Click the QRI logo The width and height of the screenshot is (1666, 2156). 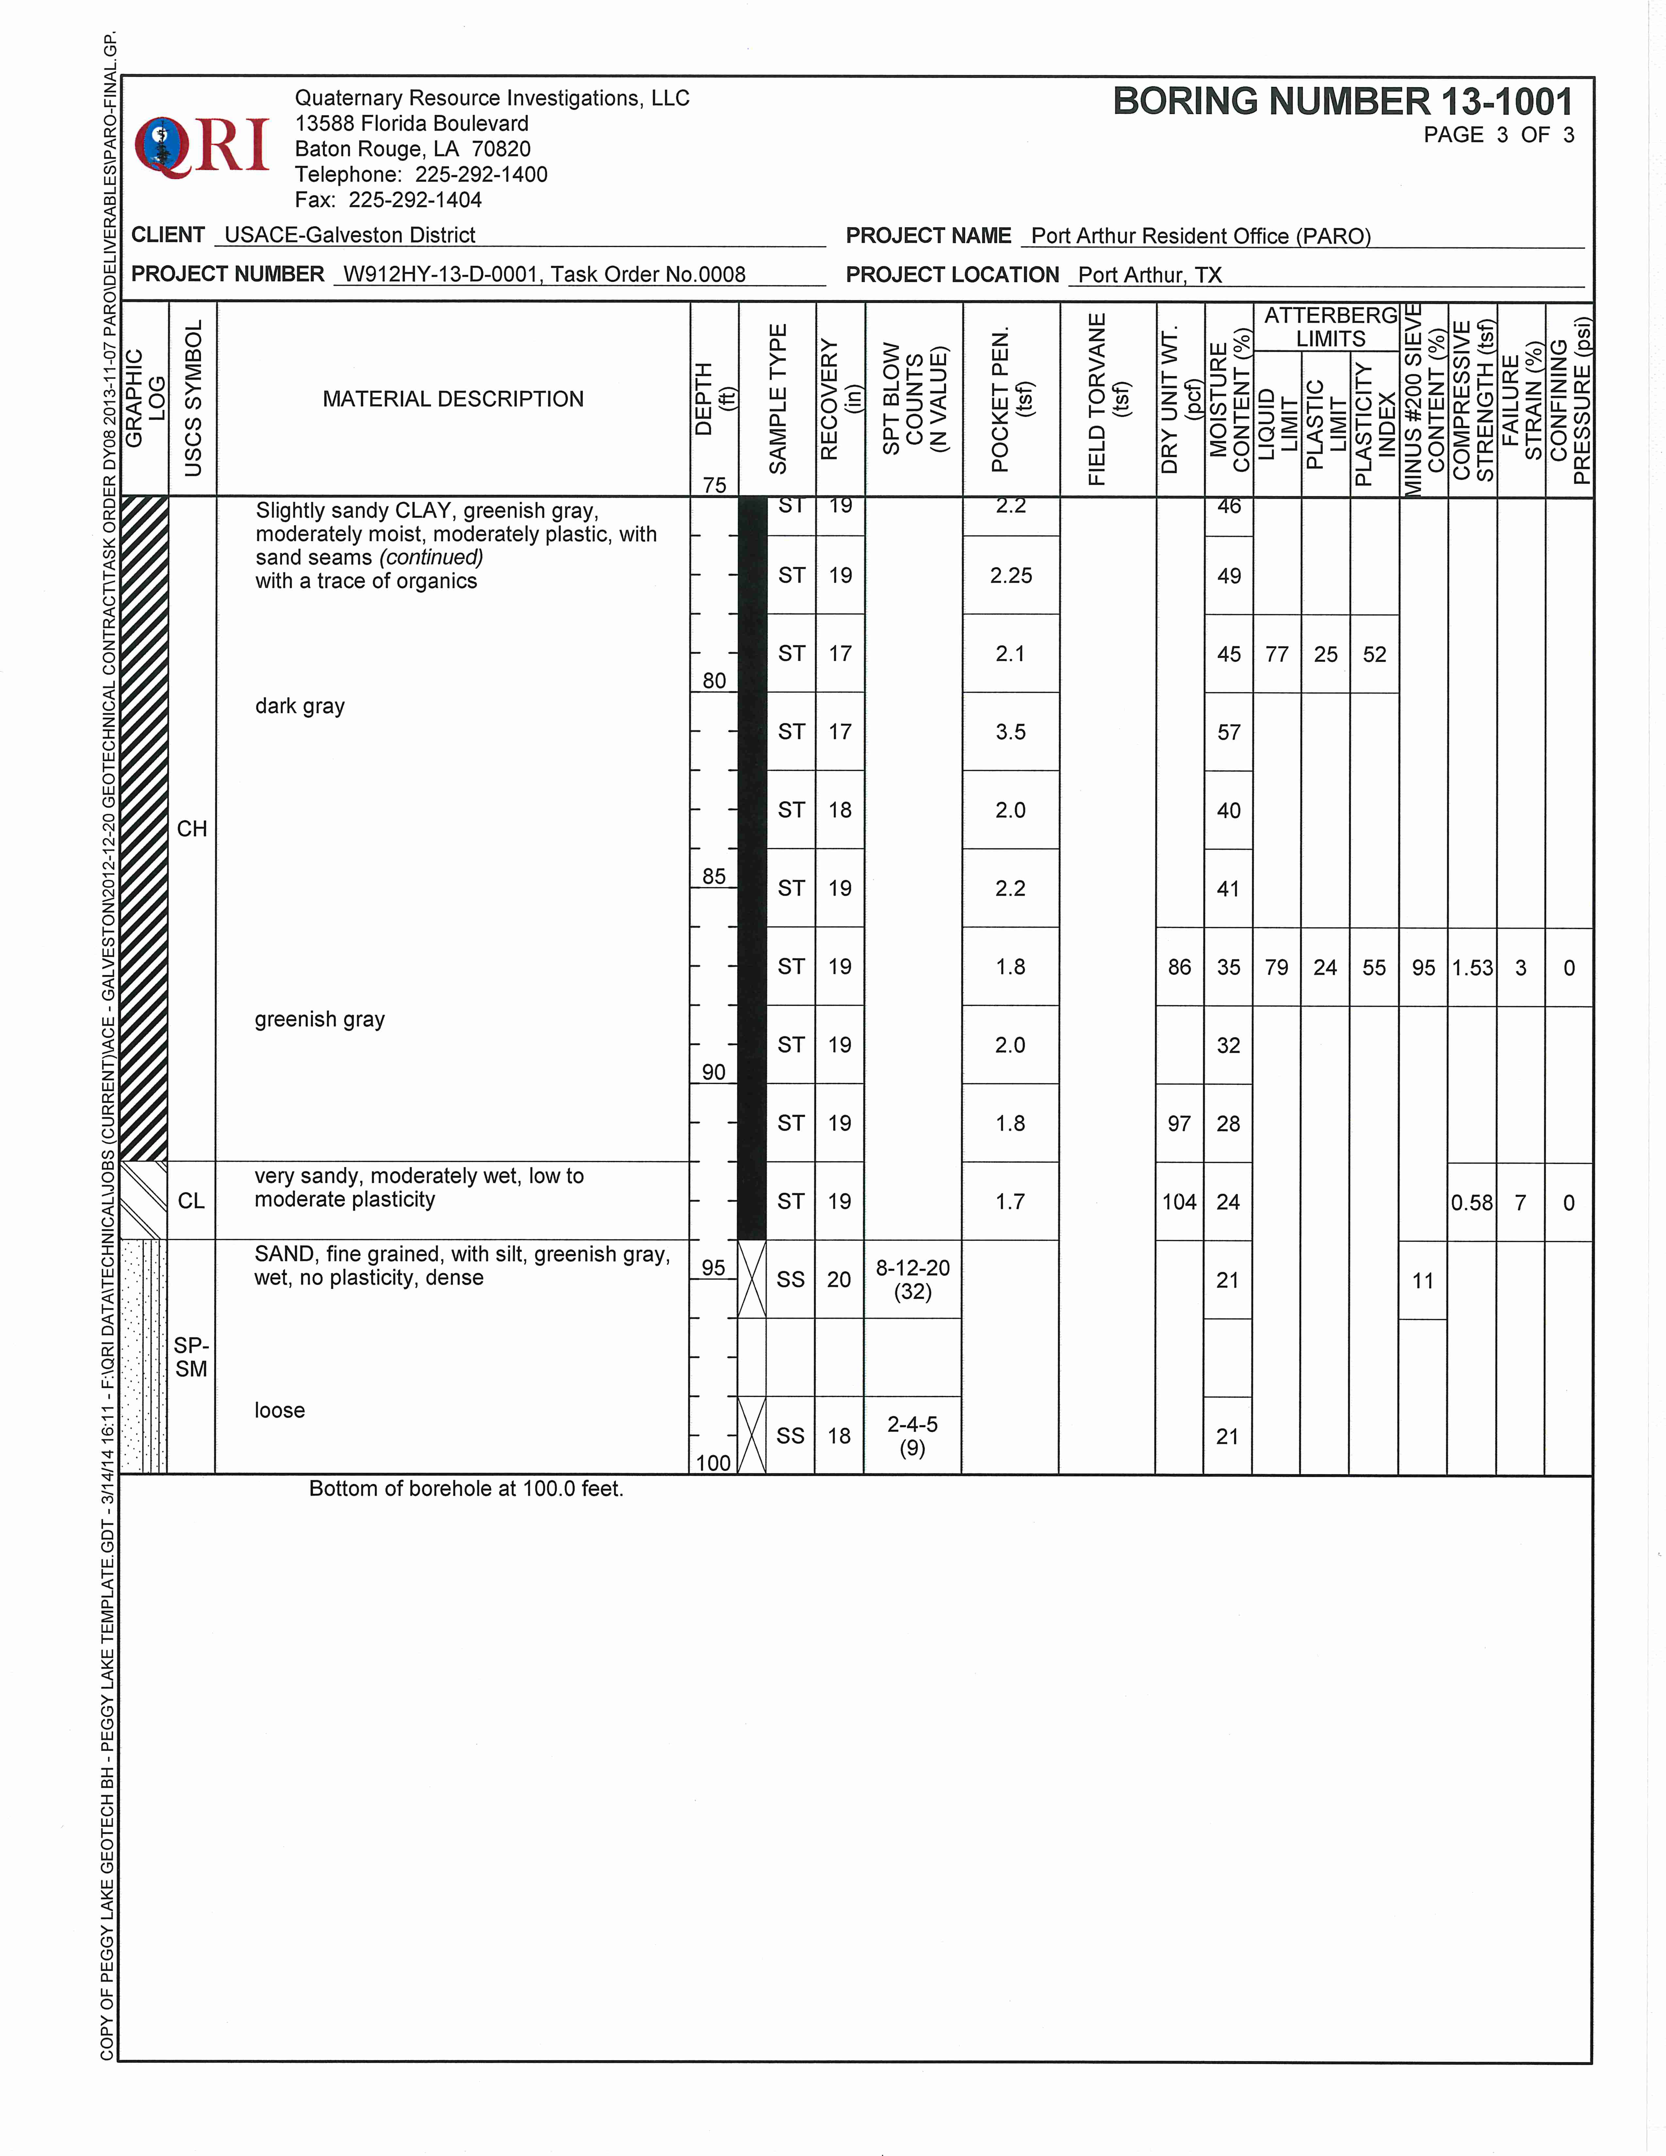pyautogui.click(x=202, y=146)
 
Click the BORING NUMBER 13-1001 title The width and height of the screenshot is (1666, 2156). pyautogui.click(x=1342, y=102)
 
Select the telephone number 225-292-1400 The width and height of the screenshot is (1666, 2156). pyautogui.click(x=481, y=175)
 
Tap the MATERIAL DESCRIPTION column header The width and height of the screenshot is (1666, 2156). pyautogui.click(x=453, y=399)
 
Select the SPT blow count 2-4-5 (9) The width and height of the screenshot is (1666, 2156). pyautogui.click(x=912, y=1435)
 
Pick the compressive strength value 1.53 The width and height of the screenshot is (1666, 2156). pyautogui.click(x=1472, y=968)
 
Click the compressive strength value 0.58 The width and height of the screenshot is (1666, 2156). pyautogui.click(x=1472, y=1202)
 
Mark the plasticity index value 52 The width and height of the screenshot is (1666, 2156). pyautogui.click(x=1374, y=655)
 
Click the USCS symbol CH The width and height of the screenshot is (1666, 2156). pyautogui.click(x=191, y=828)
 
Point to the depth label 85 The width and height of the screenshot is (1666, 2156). pyautogui.click(x=713, y=875)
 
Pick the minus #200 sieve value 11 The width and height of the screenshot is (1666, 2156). pyautogui.click(x=1422, y=1281)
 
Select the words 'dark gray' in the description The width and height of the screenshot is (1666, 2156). pyautogui.click(x=300, y=706)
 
